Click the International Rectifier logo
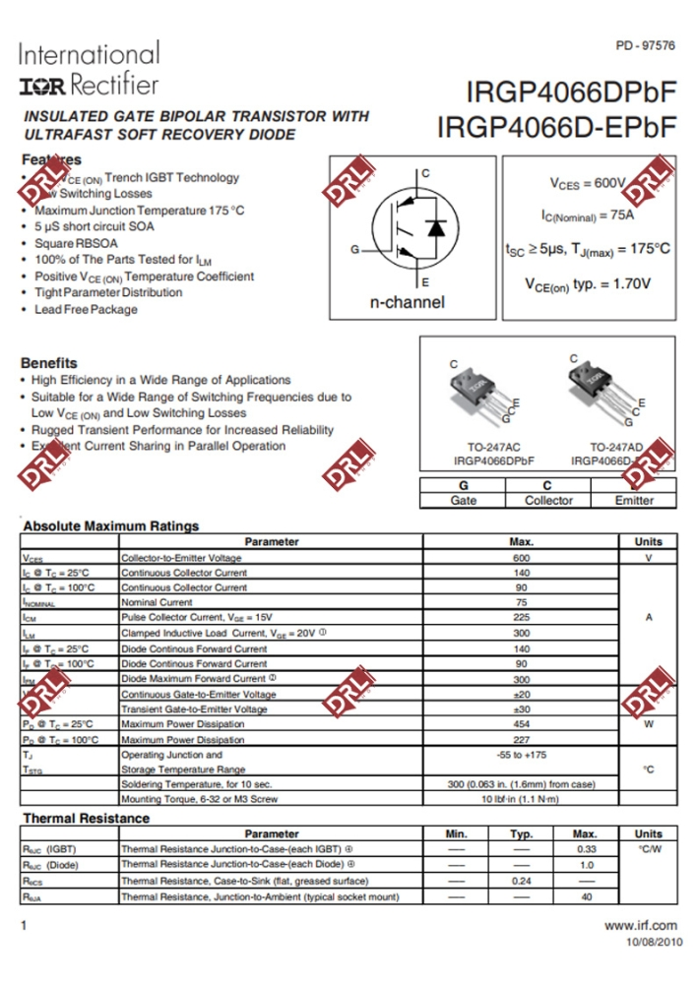(x=88, y=69)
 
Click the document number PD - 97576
(x=645, y=46)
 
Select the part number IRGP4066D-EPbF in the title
(x=556, y=127)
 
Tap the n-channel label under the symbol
(x=407, y=302)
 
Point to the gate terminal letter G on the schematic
(x=354, y=249)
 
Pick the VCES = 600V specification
(x=587, y=183)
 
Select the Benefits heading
(x=48, y=362)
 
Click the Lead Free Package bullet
(x=86, y=309)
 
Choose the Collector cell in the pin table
(x=548, y=500)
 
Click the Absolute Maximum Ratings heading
(x=110, y=525)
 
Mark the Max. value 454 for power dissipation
(x=521, y=724)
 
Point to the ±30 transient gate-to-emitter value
(x=521, y=709)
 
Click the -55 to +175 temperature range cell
(x=521, y=755)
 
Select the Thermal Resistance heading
(x=86, y=818)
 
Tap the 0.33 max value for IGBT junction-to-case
(x=587, y=848)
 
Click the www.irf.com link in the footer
(x=641, y=925)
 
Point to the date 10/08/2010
(x=654, y=942)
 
